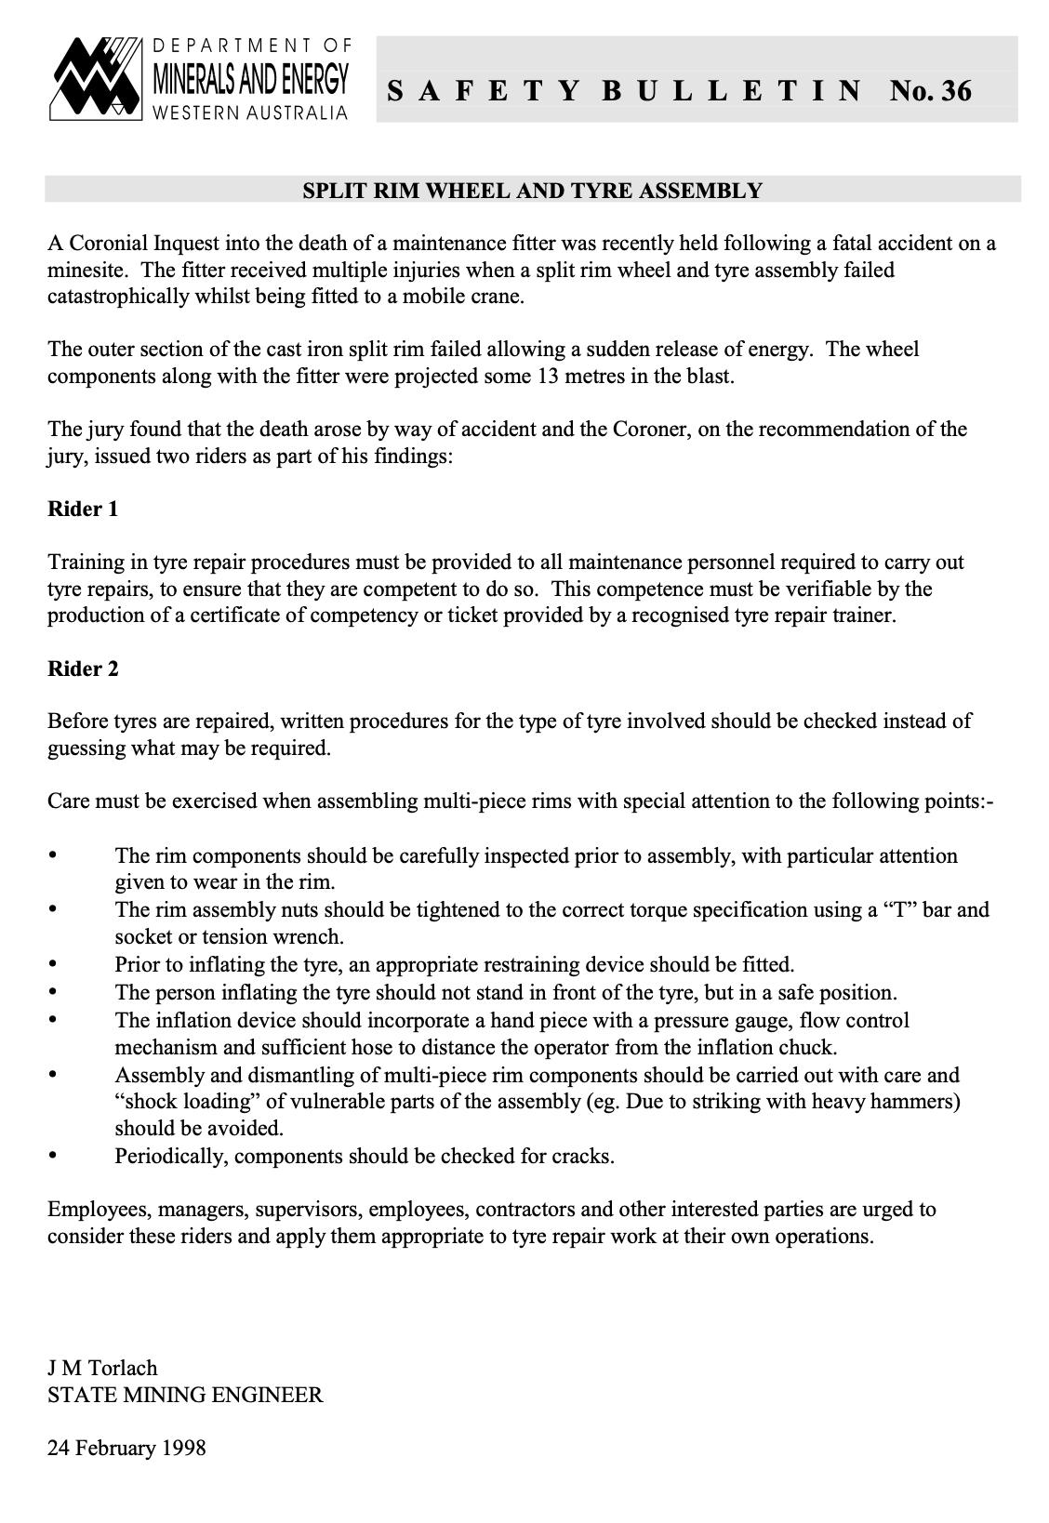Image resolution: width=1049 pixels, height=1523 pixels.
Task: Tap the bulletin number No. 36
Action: tap(930, 91)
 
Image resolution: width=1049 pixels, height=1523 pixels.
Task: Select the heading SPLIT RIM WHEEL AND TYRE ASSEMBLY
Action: tap(533, 192)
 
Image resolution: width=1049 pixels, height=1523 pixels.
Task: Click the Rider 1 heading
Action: tap(83, 510)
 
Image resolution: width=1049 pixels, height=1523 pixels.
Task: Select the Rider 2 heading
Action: tap(83, 669)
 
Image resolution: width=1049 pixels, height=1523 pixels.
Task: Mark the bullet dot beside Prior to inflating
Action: tap(52, 964)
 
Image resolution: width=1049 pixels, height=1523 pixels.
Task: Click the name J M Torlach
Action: tap(102, 1368)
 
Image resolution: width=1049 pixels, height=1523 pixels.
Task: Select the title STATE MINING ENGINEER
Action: tap(185, 1395)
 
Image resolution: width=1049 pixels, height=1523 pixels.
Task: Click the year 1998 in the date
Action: tap(183, 1448)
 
